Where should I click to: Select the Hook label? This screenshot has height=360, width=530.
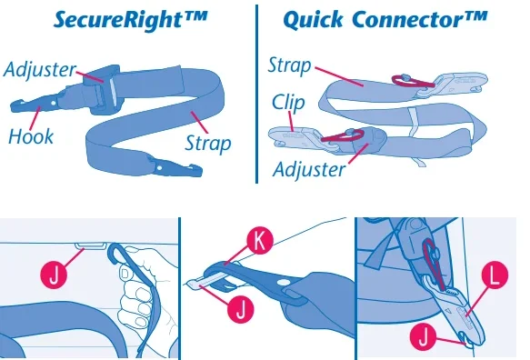click(31, 137)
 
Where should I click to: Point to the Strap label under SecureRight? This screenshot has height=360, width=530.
click(207, 143)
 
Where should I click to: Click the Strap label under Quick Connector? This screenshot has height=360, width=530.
click(289, 65)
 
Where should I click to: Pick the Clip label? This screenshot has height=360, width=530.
click(288, 102)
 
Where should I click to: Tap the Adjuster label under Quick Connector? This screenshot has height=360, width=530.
click(310, 169)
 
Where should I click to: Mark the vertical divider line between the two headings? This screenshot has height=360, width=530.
click(257, 91)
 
